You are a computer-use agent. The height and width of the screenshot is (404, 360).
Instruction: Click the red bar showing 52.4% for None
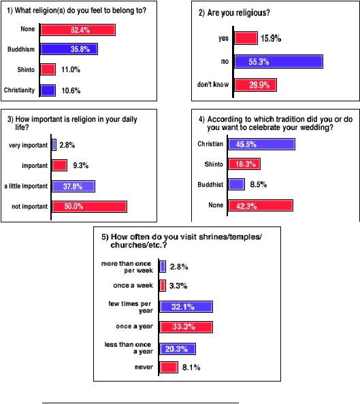point(78,30)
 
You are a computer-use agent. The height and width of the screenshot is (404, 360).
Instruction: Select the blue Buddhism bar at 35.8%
point(69,49)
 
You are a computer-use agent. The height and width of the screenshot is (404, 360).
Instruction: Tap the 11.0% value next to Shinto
point(71,69)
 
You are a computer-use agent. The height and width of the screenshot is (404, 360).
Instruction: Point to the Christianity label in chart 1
point(19,90)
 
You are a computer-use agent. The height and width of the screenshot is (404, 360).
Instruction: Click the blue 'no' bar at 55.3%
point(279,62)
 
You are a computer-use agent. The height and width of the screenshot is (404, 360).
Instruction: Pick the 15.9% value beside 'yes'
point(271,38)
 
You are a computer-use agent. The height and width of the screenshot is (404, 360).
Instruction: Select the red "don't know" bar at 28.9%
point(256,85)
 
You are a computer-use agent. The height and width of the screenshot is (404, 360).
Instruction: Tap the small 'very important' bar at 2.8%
point(54,145)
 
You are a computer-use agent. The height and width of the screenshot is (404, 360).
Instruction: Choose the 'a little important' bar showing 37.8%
point(73,186)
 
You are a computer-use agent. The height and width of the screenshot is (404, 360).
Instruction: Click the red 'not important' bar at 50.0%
point(89,207)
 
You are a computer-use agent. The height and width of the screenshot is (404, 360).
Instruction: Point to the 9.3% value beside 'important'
point(81,165)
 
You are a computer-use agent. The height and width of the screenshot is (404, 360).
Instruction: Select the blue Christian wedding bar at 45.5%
point(262,144)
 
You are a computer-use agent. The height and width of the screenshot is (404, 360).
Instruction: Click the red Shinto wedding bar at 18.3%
point(244,164)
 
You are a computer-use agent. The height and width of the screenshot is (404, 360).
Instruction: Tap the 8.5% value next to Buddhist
point(259,184)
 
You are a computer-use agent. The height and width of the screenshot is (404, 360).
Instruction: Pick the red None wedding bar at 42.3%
point(261,205)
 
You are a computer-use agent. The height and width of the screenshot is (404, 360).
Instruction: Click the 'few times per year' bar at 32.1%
point(186,307)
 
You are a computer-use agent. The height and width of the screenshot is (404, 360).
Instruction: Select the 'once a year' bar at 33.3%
point(186,327)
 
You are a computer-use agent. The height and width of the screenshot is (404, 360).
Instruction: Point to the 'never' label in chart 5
point(144,367)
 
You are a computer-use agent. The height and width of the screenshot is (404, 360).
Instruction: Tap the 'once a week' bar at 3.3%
point(163,286)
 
